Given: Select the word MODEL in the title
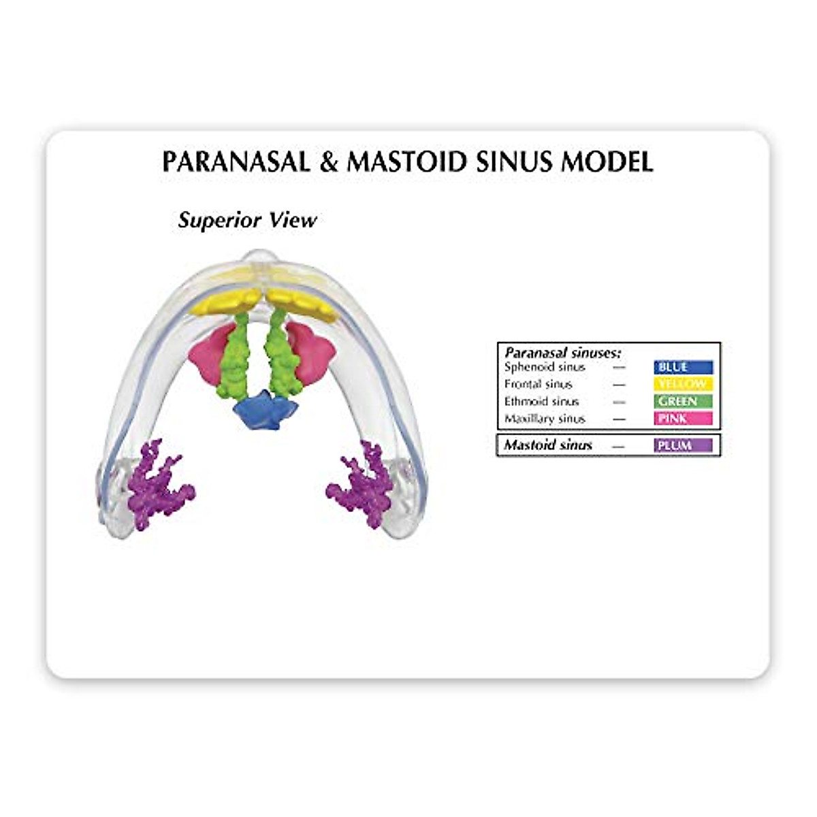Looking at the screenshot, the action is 607,162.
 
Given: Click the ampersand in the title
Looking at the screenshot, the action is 330,163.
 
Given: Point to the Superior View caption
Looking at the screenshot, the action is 247,220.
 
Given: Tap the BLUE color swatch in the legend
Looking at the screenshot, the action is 683,368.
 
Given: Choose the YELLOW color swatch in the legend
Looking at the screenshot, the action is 683,385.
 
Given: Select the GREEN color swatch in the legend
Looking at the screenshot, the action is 683,402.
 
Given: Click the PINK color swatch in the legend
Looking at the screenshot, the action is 683,419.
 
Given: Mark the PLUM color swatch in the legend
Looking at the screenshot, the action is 683,445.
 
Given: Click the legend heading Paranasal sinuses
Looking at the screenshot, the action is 562,353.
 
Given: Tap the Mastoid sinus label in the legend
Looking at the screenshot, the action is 548,445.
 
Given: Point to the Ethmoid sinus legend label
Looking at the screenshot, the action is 541,402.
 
